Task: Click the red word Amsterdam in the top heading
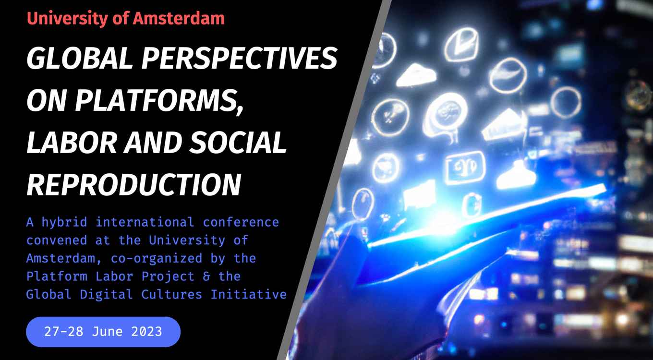(x=179, y=18)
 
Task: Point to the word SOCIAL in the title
(x=238, y=143)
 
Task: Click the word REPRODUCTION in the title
(x=134, y=185)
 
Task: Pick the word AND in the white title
(x=153, y=143)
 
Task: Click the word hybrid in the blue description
(x=64, y=222)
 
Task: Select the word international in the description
(x=145, y=222)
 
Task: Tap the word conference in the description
(x=241, y=222)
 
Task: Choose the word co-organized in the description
(x=157, y=259)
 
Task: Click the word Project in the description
(x=168, y=276)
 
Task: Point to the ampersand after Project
(x=206, y=276)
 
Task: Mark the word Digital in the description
(x=107, y=294)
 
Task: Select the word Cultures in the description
(x=171, y=294)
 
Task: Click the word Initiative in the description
(x=249, y=294)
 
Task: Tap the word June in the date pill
(x=107, y=332)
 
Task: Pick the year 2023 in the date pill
(x=146, y=332)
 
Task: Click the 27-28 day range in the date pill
(x=64, y=332)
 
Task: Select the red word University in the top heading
(x=67, y=19)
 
